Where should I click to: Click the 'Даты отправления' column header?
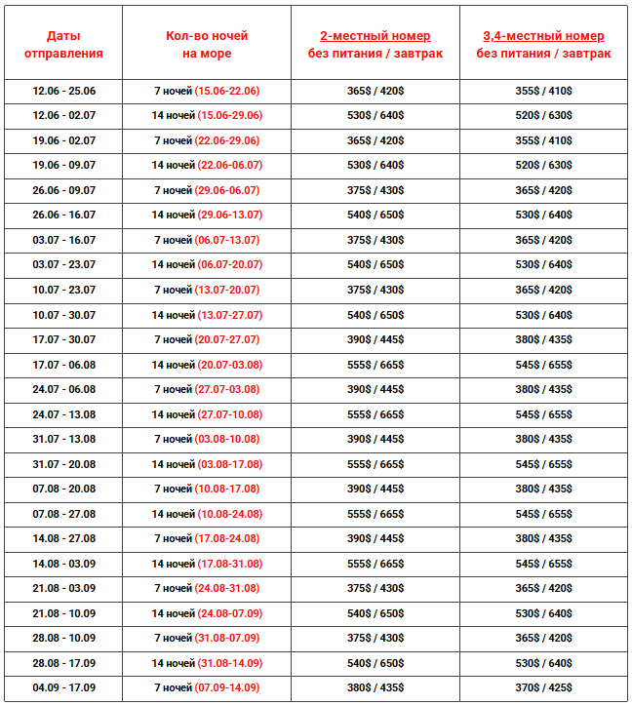63,45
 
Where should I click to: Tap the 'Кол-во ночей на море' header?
207,45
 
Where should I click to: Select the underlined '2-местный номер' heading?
375,36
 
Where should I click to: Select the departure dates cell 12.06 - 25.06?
63,91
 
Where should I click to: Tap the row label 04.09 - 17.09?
63,687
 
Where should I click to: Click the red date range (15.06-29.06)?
229,116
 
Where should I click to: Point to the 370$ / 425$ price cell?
544,687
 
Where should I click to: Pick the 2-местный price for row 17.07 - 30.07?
375,339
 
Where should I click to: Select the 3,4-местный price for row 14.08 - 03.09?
544,564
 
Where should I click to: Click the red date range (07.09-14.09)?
227,687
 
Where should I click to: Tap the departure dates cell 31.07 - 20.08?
63,464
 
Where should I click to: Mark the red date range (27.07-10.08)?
229,414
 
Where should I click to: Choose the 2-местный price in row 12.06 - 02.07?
375,116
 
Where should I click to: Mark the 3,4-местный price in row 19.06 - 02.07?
544,140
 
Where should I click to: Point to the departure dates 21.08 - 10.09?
63,613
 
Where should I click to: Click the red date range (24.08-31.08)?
227,588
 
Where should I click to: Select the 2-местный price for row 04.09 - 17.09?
375,687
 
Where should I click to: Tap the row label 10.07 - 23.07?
63,290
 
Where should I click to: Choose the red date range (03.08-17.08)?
229,464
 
